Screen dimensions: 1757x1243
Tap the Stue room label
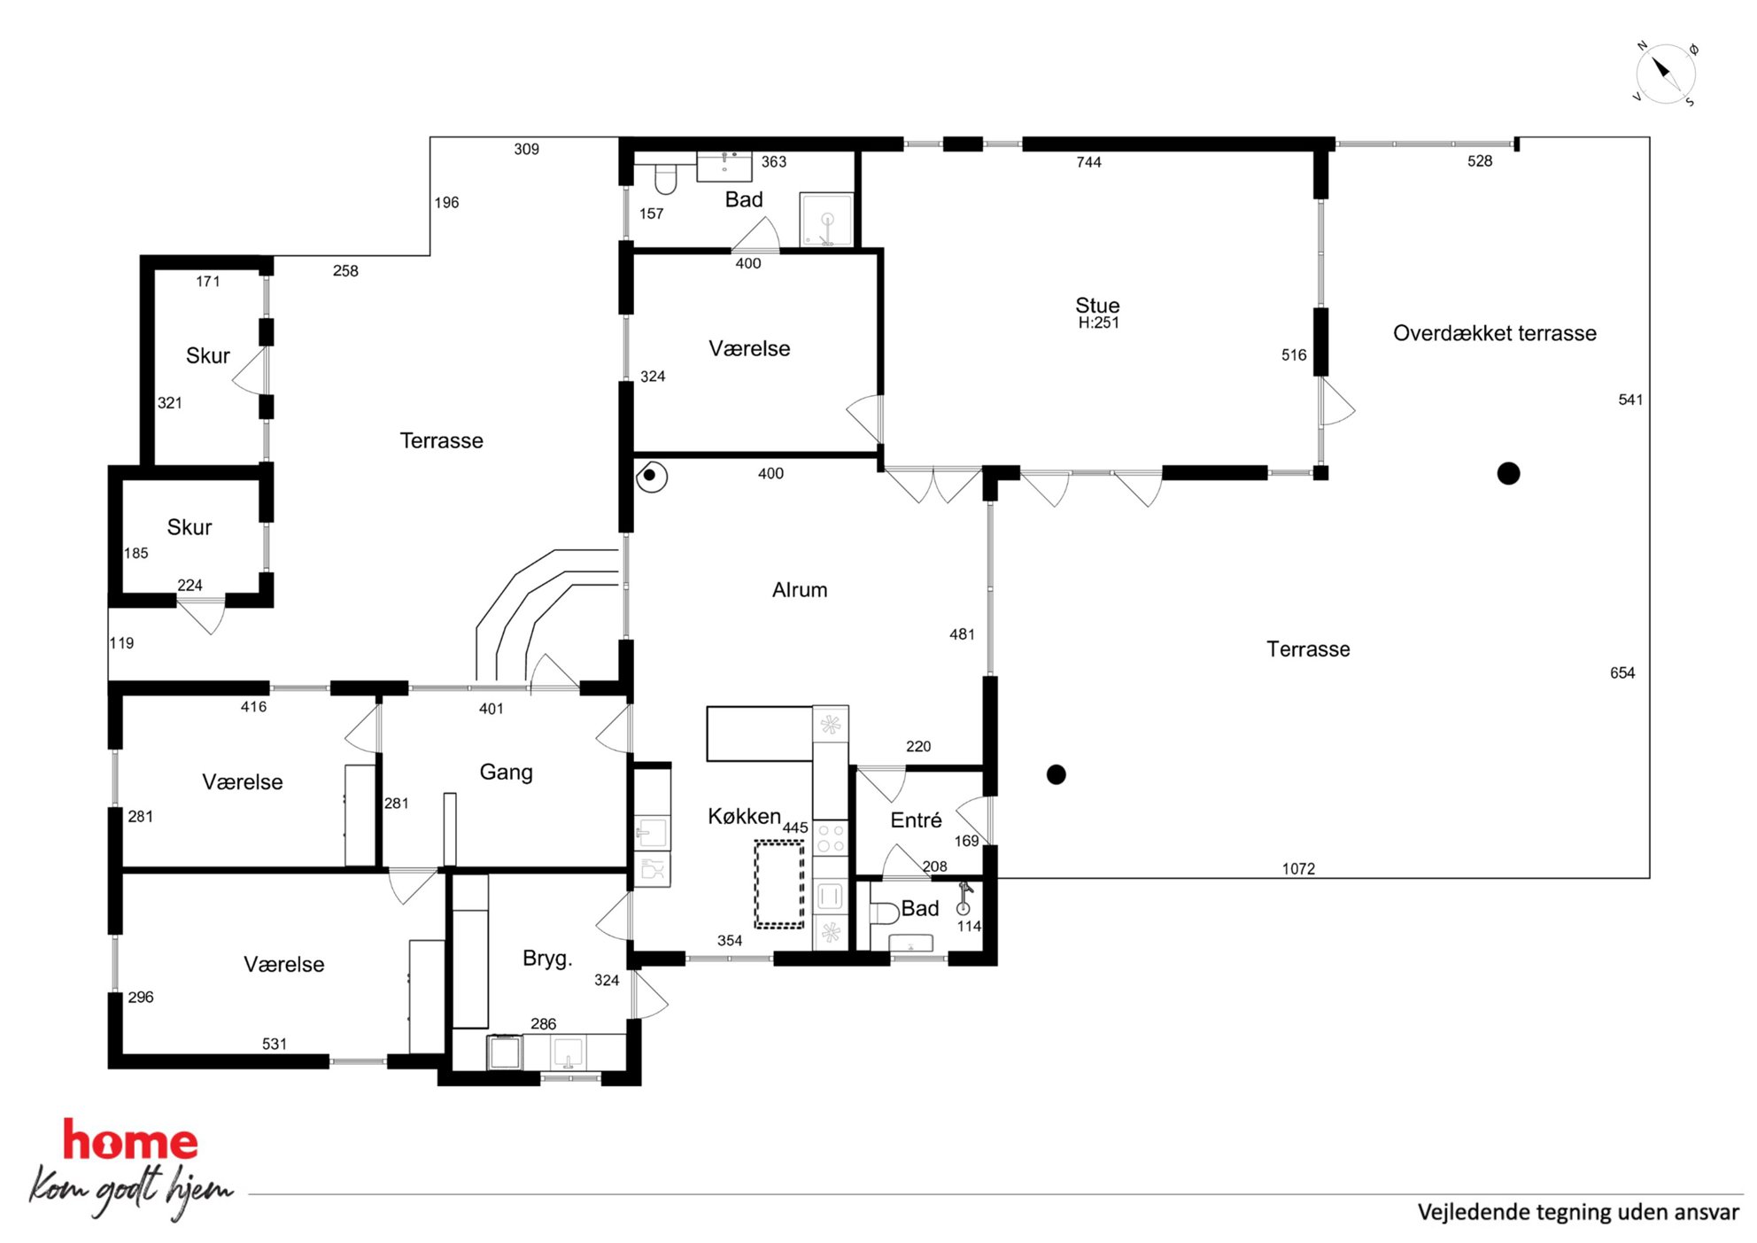(x=1097, y=306)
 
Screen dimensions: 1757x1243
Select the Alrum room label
(x=800, y=590)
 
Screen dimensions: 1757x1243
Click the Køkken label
(x=744, y=816)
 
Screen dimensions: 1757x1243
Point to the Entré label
(x=916, y=820)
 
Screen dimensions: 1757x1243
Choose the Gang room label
(x=506, y=773)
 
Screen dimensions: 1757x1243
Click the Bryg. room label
(x=547, y=959)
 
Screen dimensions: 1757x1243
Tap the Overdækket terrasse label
(x=1495, y=333)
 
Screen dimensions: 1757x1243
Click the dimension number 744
(x=1088, y=162)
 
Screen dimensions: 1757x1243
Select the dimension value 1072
(x=1298, y=869)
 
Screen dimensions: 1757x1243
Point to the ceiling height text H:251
(x=1098, y=323)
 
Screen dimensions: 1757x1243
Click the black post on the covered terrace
(x=1508, y=474)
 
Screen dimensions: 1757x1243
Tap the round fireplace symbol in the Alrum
(x=651, y=476)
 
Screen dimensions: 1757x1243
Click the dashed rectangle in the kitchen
(x=779, y=885)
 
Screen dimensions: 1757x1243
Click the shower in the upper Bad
(x=826, y=219)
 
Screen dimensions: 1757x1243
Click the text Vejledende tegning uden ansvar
(x=1578, y=1212)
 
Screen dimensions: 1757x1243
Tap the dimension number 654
(x=1622, y=673)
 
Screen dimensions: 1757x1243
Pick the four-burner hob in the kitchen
(x=831, y=838)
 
